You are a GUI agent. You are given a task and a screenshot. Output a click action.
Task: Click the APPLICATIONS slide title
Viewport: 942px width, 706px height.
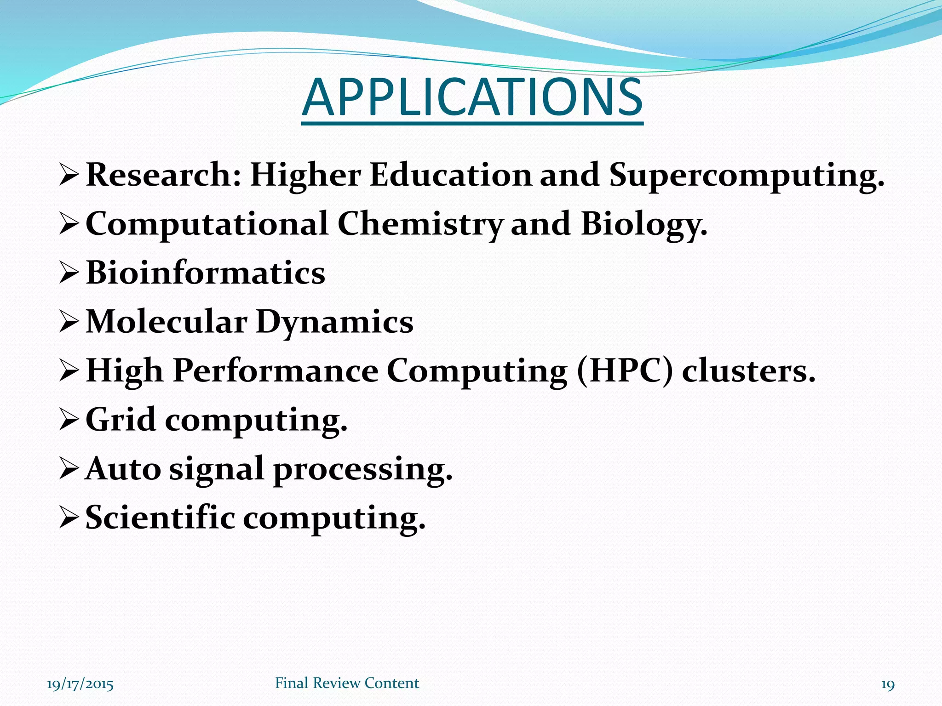(472, 98)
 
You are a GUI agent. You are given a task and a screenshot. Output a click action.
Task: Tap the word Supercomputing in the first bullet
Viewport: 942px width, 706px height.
(746, 176)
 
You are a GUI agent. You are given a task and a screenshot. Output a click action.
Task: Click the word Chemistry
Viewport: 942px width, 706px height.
(420, 224)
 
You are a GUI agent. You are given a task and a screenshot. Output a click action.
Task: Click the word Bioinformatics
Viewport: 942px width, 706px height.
(205, 273)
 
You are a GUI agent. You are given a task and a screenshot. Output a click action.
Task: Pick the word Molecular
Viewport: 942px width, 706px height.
(167, 322)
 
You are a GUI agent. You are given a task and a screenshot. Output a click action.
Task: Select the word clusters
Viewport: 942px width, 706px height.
(748, 370)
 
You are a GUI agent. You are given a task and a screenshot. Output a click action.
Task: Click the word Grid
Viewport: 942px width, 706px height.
(121, 420)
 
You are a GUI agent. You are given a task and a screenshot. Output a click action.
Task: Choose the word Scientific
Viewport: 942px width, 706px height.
(160, 518)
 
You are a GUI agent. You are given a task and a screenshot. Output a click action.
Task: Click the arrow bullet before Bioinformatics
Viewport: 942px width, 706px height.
(69, 274)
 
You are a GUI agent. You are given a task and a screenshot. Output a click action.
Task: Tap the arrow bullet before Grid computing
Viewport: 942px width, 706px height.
(69, 421)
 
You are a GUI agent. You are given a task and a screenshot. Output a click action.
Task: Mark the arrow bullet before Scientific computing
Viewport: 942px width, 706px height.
(69, 519)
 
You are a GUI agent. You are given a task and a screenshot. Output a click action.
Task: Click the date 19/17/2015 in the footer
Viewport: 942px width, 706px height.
(80, 684)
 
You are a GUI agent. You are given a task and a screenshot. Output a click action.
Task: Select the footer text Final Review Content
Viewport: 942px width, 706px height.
(347, 683)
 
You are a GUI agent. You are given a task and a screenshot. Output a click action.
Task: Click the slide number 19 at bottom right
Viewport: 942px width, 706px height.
(887, 685)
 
